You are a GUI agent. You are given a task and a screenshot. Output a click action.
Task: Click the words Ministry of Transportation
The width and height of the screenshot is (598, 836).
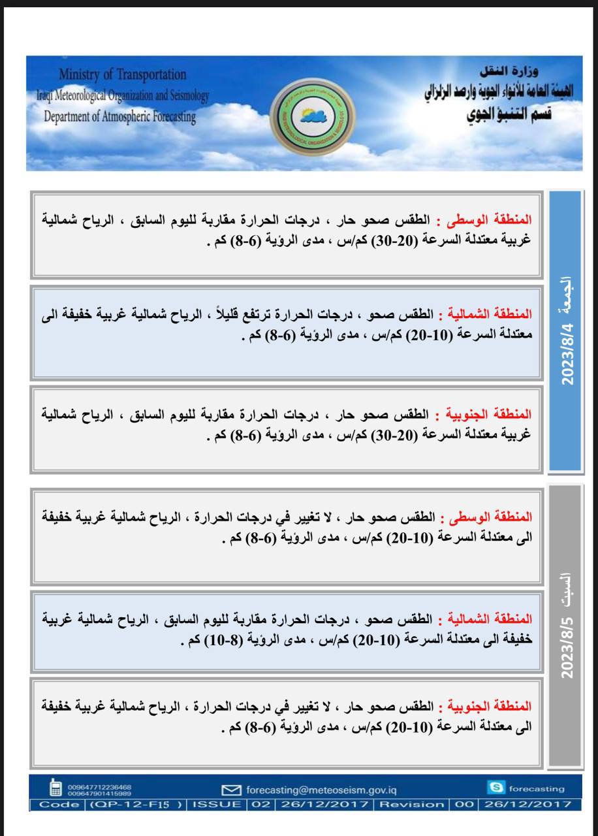point(122,74)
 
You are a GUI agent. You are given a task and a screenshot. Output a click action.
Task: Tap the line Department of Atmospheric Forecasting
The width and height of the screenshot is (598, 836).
point(119,117)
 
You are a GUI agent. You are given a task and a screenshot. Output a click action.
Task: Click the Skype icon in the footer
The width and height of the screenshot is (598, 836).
point(496,788)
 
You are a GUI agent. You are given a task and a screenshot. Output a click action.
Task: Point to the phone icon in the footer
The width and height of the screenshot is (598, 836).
point(56,788)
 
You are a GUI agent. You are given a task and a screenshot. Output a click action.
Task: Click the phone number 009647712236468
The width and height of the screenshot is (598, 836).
point(100,787)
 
